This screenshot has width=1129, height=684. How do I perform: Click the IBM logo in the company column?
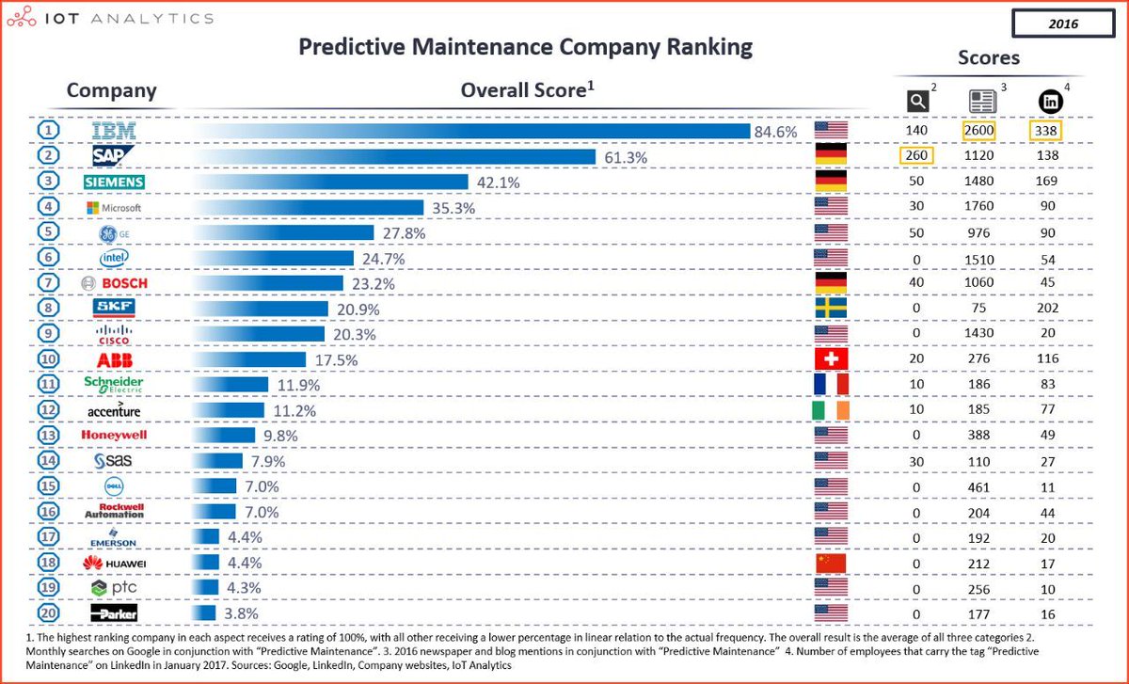(x=112, y=131)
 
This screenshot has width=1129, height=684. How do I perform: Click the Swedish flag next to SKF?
(x=831, y=308)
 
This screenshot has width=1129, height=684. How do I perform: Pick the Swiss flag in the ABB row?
(x=831, y=358)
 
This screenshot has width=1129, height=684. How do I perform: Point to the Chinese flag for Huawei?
(x=831, y=563)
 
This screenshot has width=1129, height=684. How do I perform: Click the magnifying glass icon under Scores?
(x=916, y=100)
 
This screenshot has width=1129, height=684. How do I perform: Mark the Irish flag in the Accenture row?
(x=831, y=409)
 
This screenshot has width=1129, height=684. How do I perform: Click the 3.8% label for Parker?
(x=241, y=613)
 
